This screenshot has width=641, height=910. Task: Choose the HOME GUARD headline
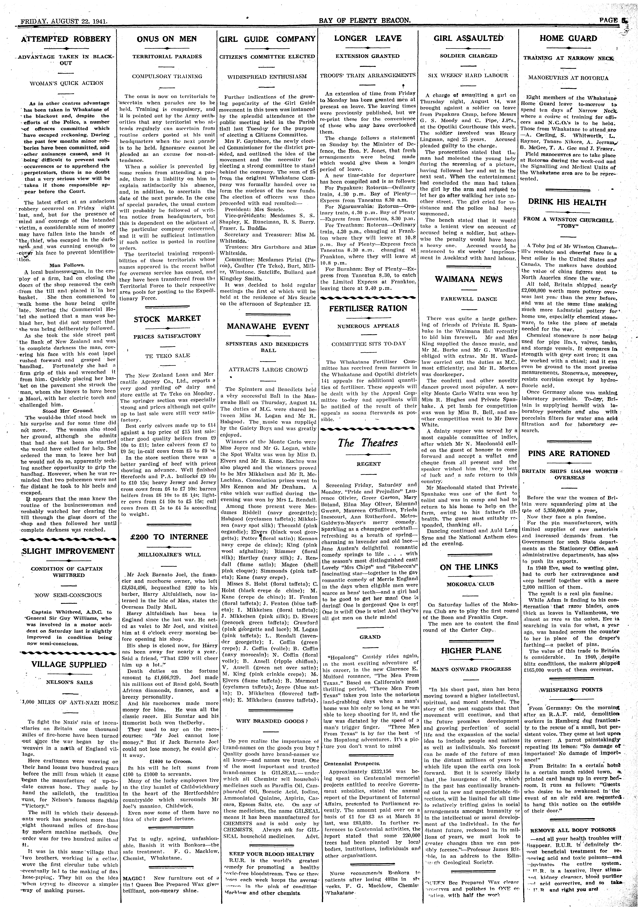[568, 38]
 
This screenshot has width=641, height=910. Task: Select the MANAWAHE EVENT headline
[268, 327]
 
